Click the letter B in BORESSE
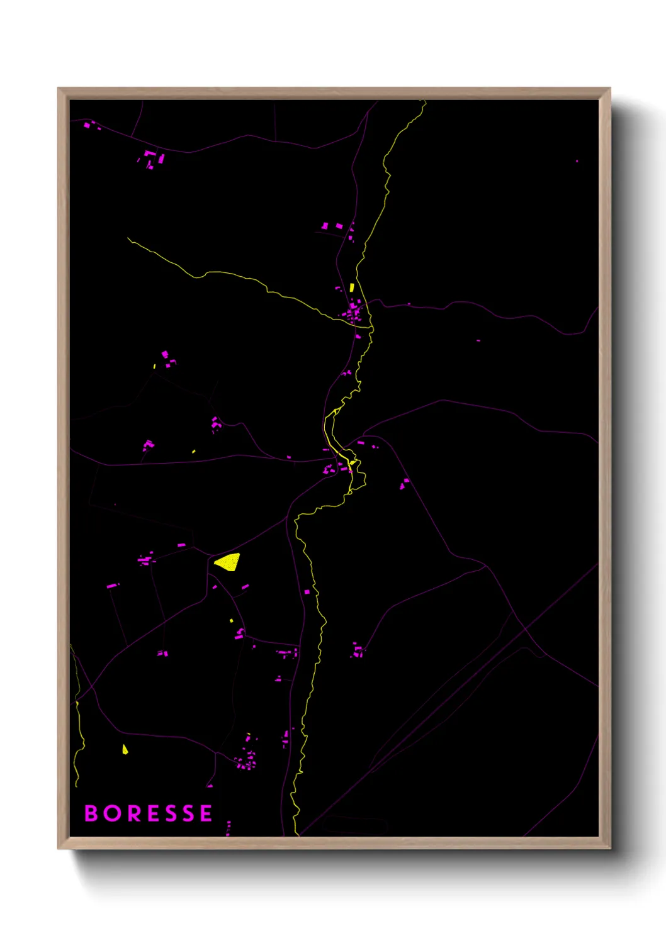91,813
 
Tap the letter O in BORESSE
111,813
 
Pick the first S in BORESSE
169,813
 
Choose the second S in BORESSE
188,813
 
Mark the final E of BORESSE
206,813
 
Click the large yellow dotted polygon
228,562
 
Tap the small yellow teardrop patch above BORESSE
125,749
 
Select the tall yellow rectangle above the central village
352,287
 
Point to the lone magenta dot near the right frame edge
577,161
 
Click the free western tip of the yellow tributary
128,238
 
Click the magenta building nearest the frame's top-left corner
87,125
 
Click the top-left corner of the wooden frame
59,89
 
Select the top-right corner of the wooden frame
610,89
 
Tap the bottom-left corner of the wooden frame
59,848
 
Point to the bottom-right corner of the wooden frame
610,848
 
